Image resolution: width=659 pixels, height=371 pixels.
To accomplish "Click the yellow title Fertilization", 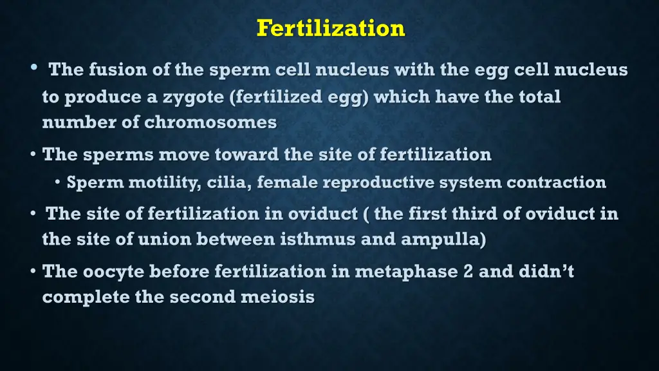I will tap(330, 28).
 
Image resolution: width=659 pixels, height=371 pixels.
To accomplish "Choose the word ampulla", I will tap(442, 240).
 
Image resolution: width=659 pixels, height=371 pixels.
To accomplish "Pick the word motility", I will tap(163, 183).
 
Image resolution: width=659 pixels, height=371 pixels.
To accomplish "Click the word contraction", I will tap(556, 182).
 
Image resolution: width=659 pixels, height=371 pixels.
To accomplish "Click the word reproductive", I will tap(378, 182).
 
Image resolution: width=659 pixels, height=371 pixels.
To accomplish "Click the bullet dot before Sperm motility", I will tap(58, 182).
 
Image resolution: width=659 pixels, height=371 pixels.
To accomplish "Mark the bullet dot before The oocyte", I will tap(33, 272).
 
